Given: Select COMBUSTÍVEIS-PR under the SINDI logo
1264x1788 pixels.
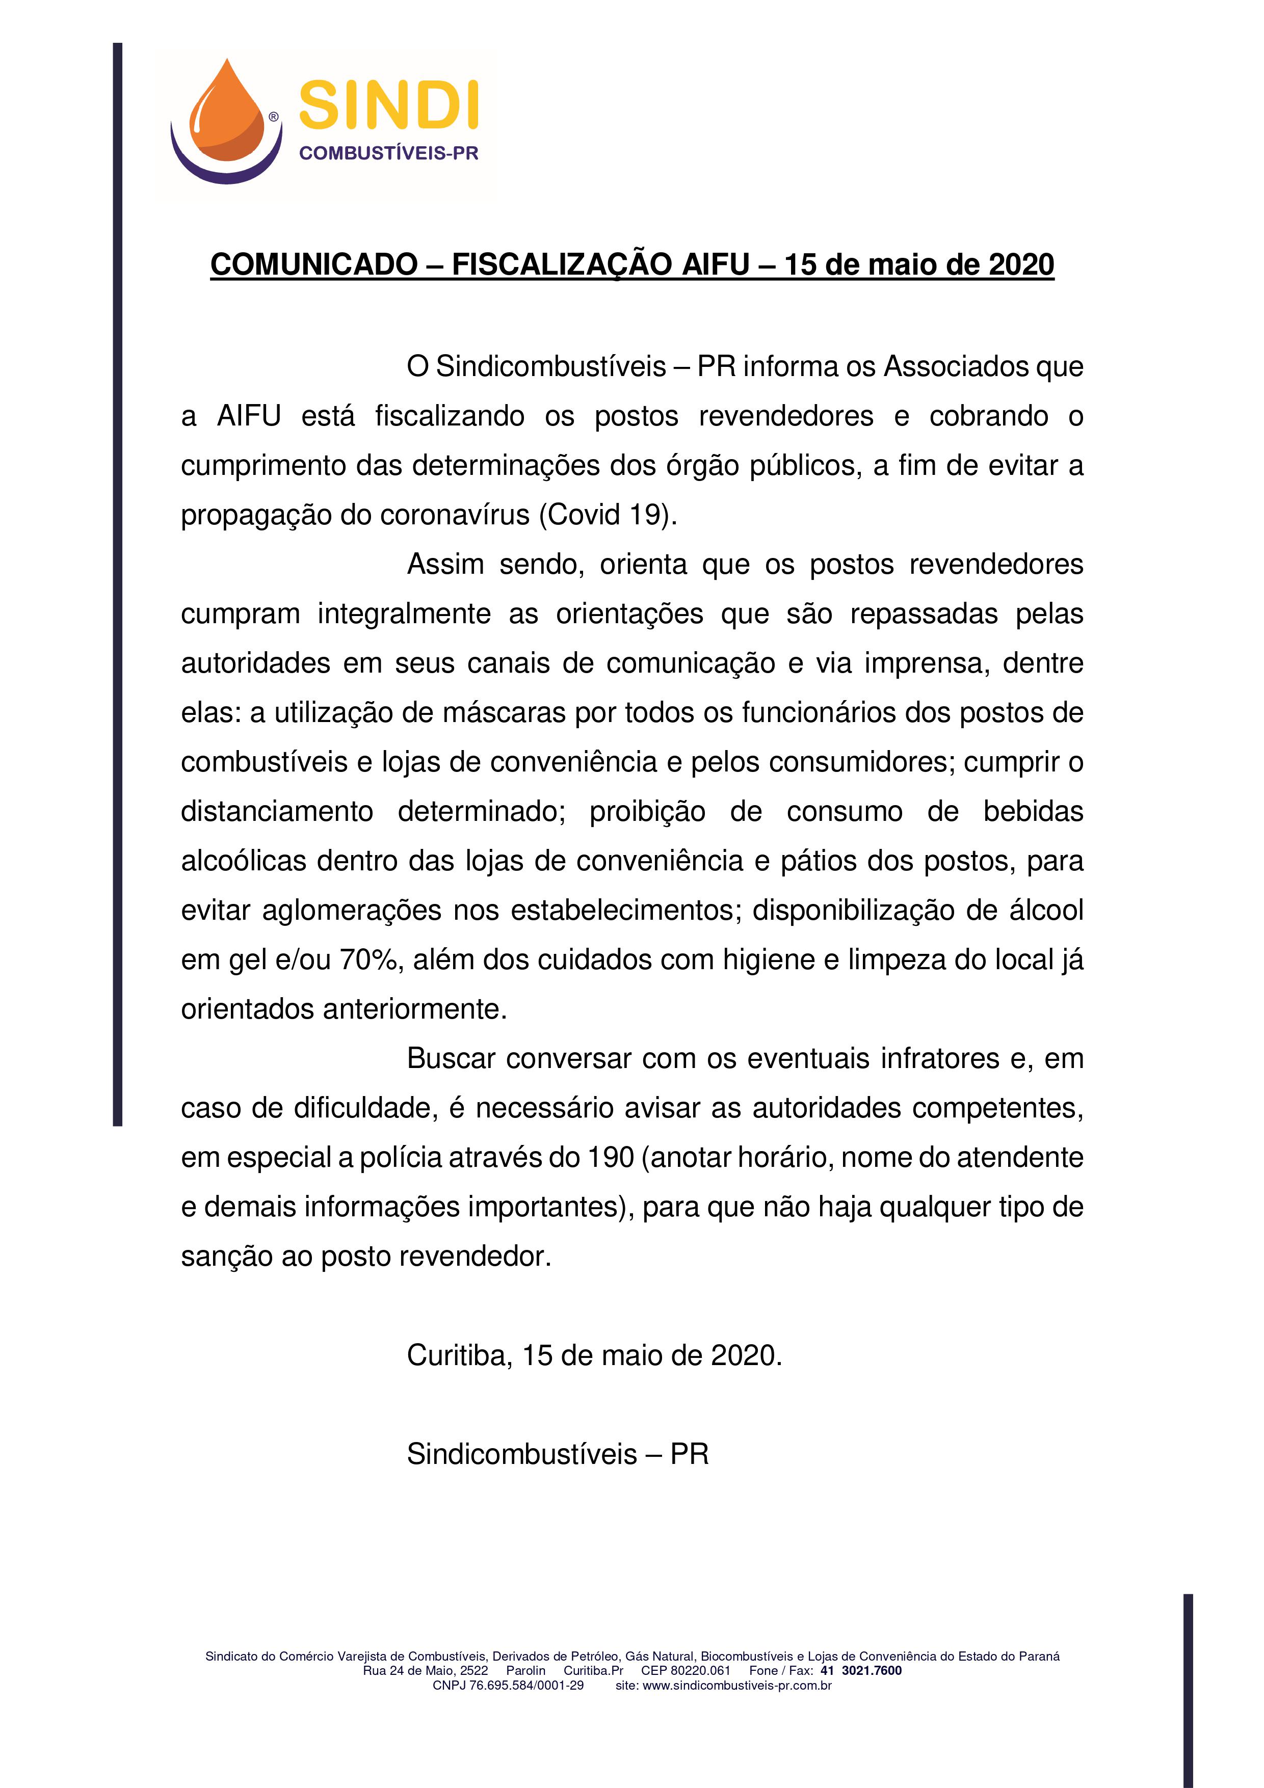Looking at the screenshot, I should pyautogui.click(x=388, y=153).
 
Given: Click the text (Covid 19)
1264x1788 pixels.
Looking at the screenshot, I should pyautogui.click(x=608, y=515).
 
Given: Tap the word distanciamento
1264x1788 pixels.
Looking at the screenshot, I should pyautogui.click(x=276, y=811).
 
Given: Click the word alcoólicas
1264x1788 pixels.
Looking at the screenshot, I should pyautogui.click(x=244, y=861).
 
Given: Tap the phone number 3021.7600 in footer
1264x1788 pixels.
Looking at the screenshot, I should pyautogui.click(x=872, y=1670).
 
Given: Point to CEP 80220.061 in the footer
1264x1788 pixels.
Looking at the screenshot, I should pyautogui.click(x=686, y=1670).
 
